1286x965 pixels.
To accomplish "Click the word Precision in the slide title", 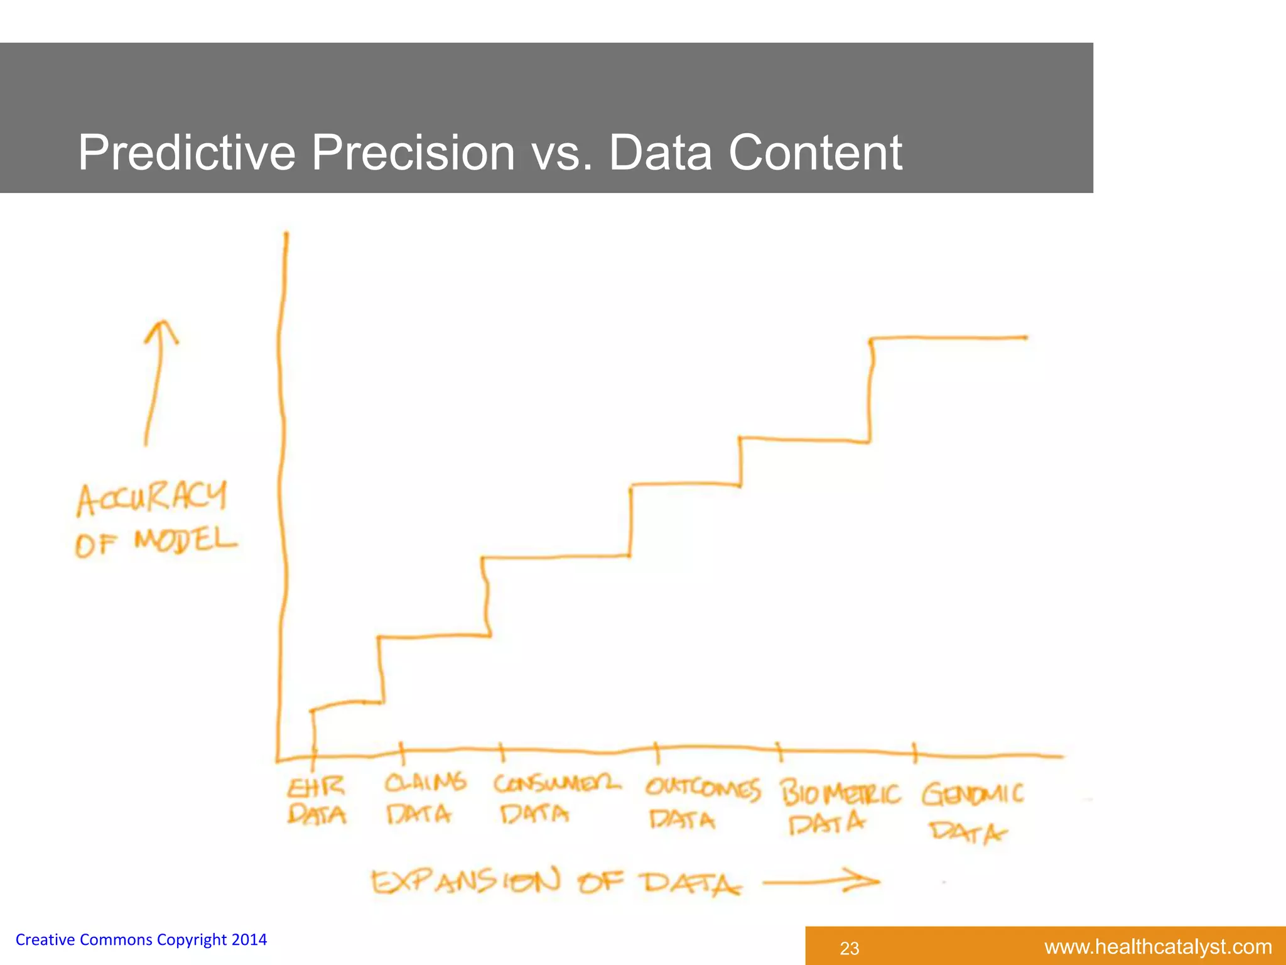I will click(x=413, y=153).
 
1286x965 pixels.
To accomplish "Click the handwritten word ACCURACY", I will click(x=151, y=498).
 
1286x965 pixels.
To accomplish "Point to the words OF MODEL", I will click(x=156, y=542).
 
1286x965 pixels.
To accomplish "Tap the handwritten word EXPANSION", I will click(x=465, y=881).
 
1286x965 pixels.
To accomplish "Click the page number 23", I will click(x=849, y=948).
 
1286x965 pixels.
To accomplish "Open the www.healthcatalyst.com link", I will click(x=1157, y=947).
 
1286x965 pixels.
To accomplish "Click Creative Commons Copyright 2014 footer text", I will click(x=141, y=940).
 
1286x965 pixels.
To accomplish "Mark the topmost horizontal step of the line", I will click(x=948, y=338).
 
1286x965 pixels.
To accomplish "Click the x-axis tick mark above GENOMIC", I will click(x=914, y=752).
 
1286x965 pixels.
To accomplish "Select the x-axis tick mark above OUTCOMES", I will click(x=657, y=751).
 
